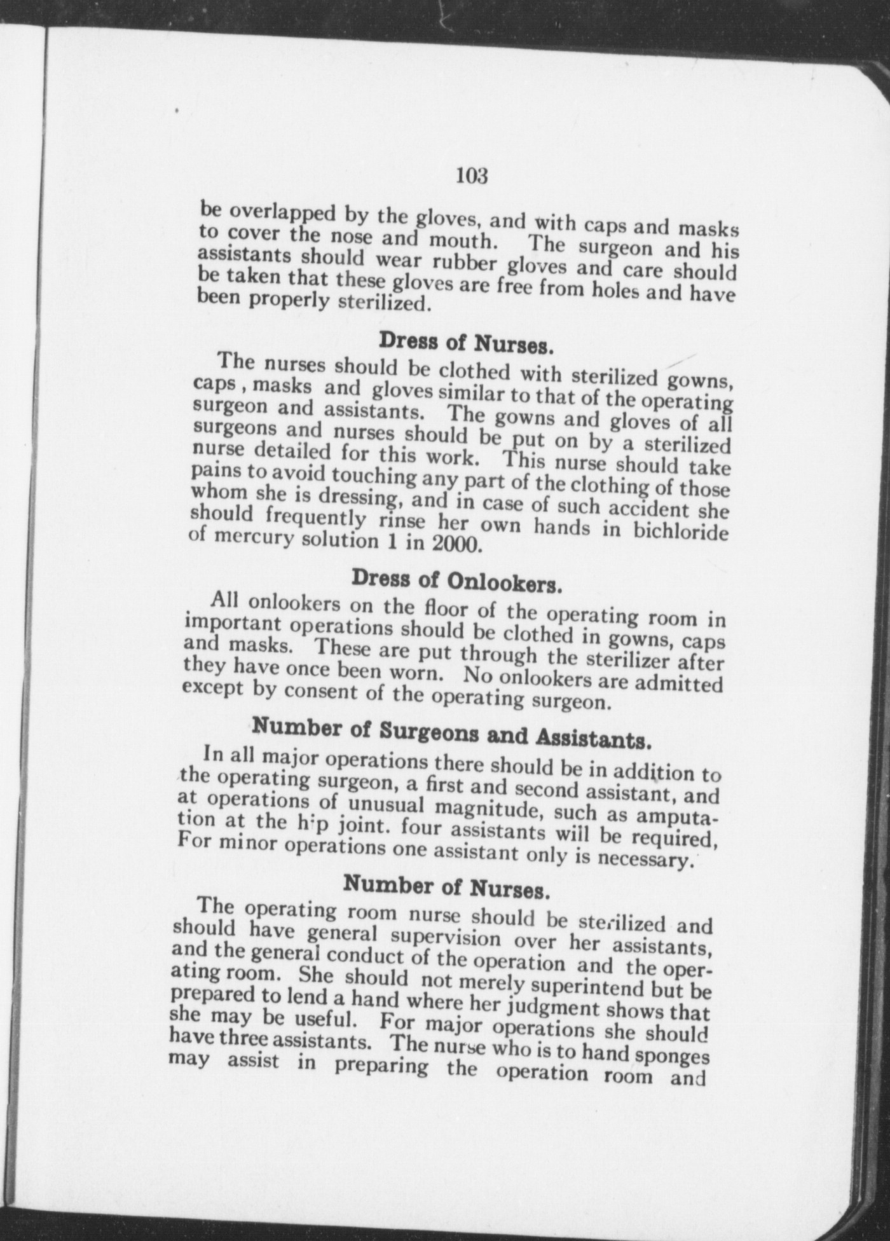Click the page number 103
pyautogui.click(x=471, y=175)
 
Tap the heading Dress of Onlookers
pyautogui.click(x=456, y=580)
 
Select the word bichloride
pyautogui.click(x=680, y=531)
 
